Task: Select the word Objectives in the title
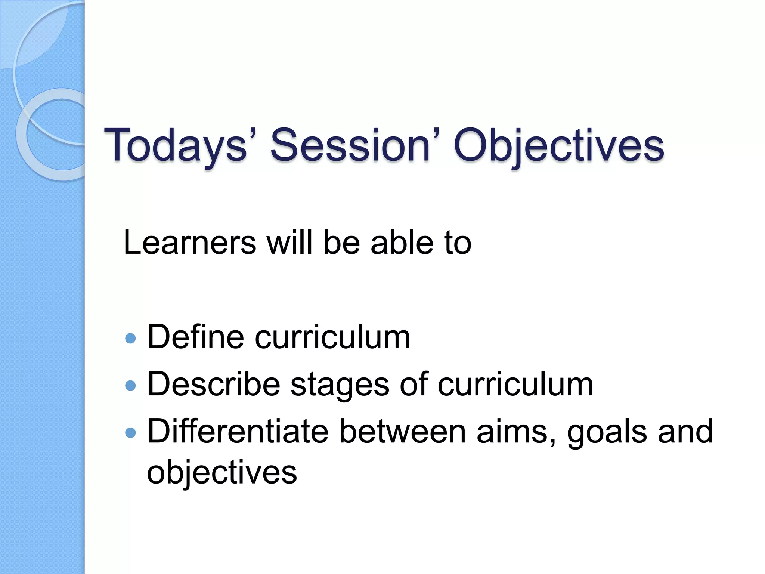(x=559, y=146)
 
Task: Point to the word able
(x=402, y=243)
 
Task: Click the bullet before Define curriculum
(x=130, y=339)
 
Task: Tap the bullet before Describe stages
(x=130, y=386)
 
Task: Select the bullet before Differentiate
(x=130, y=433)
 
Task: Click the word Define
(x=196, y=337)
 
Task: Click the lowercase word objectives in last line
(x=222, y=473)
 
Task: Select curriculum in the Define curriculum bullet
(x=332, y=337)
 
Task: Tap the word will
(x=289, y=243)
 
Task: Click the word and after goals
(x=685, y=432)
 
